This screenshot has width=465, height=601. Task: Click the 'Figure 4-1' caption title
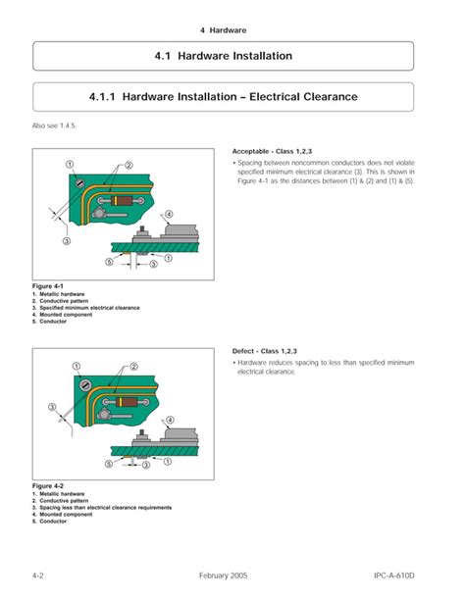[48, 285]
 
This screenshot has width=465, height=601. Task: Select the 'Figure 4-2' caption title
[48, 486]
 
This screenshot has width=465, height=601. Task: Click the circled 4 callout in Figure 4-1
[169, 215]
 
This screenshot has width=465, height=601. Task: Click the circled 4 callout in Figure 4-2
[169, 421]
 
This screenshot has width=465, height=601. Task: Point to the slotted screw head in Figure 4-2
[88, 383]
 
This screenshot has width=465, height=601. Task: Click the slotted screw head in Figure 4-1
[88, 182]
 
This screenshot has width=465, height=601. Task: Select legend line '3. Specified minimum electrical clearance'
[86, 308]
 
